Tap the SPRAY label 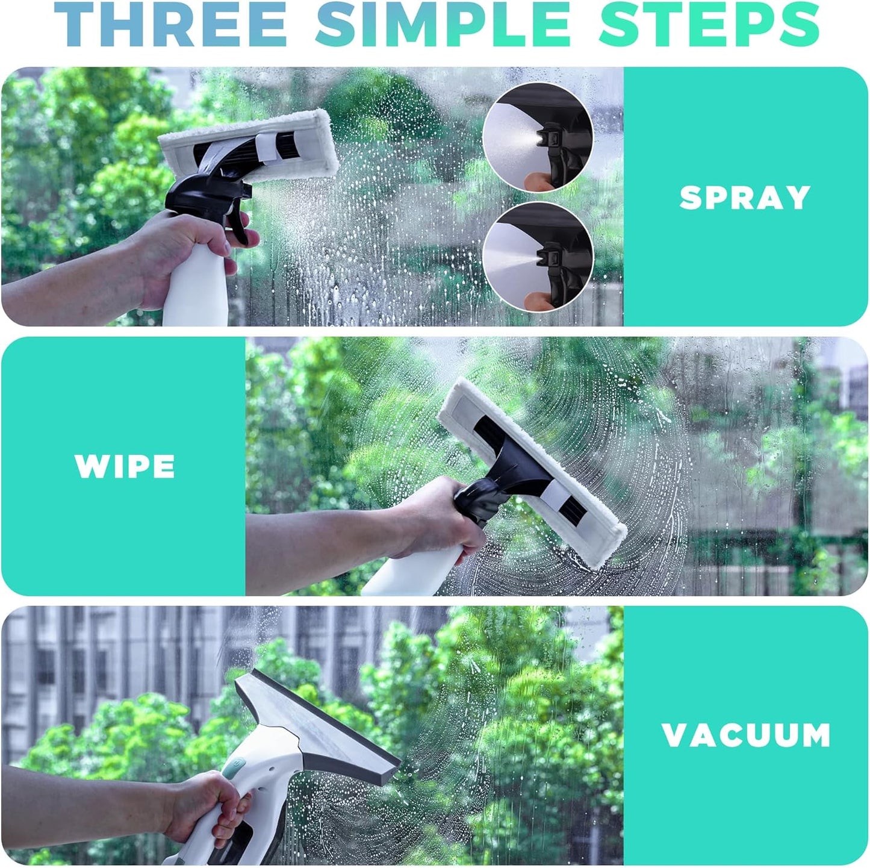745,198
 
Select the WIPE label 125,466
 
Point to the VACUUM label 746,735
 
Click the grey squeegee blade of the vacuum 319,726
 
